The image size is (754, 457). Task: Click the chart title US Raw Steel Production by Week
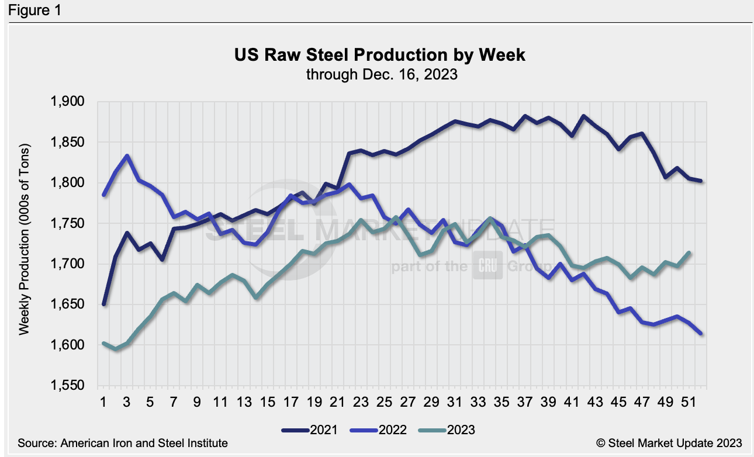(x=380, y=56)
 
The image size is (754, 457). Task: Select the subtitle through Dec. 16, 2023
(x=380, y=74)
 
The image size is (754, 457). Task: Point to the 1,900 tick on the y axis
(x=68, y=102)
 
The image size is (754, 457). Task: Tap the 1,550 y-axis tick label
(x=68, y=386)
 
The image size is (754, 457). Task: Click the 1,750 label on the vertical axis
(x=68, y=223)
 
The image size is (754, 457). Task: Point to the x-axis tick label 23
(x=361, y=403)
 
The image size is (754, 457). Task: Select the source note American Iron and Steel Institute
(x=123, y=444)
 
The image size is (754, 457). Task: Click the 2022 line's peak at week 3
(x=127, y=156)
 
